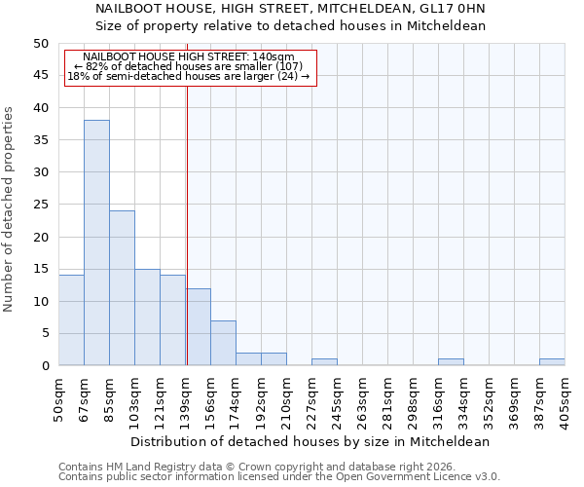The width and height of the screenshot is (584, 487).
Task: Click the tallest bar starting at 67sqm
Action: tap(96, 243)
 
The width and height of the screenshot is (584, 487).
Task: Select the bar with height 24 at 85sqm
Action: tap(122, 287)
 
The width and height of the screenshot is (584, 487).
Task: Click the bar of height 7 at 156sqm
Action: tap(223, 343)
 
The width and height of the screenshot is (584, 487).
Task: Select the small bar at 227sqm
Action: tap(324, 362)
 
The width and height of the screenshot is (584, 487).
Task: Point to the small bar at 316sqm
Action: tap(451, 362)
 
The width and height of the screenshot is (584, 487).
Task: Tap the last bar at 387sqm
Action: tap(552, 362)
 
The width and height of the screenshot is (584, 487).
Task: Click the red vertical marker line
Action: tap(187, 243)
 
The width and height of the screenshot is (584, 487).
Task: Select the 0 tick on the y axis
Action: tap(44, 365)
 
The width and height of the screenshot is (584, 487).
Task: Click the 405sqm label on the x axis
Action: tap(566, 400)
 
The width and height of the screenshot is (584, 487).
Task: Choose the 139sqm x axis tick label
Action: tap(186, 400)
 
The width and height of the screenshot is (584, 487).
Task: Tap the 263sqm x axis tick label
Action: tap(363, 400)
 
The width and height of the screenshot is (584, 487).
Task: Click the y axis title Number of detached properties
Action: tap(10, 209)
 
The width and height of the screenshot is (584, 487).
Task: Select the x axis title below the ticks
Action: tap(311, 441)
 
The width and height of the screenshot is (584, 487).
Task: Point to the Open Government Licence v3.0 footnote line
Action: tap(279, 477)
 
